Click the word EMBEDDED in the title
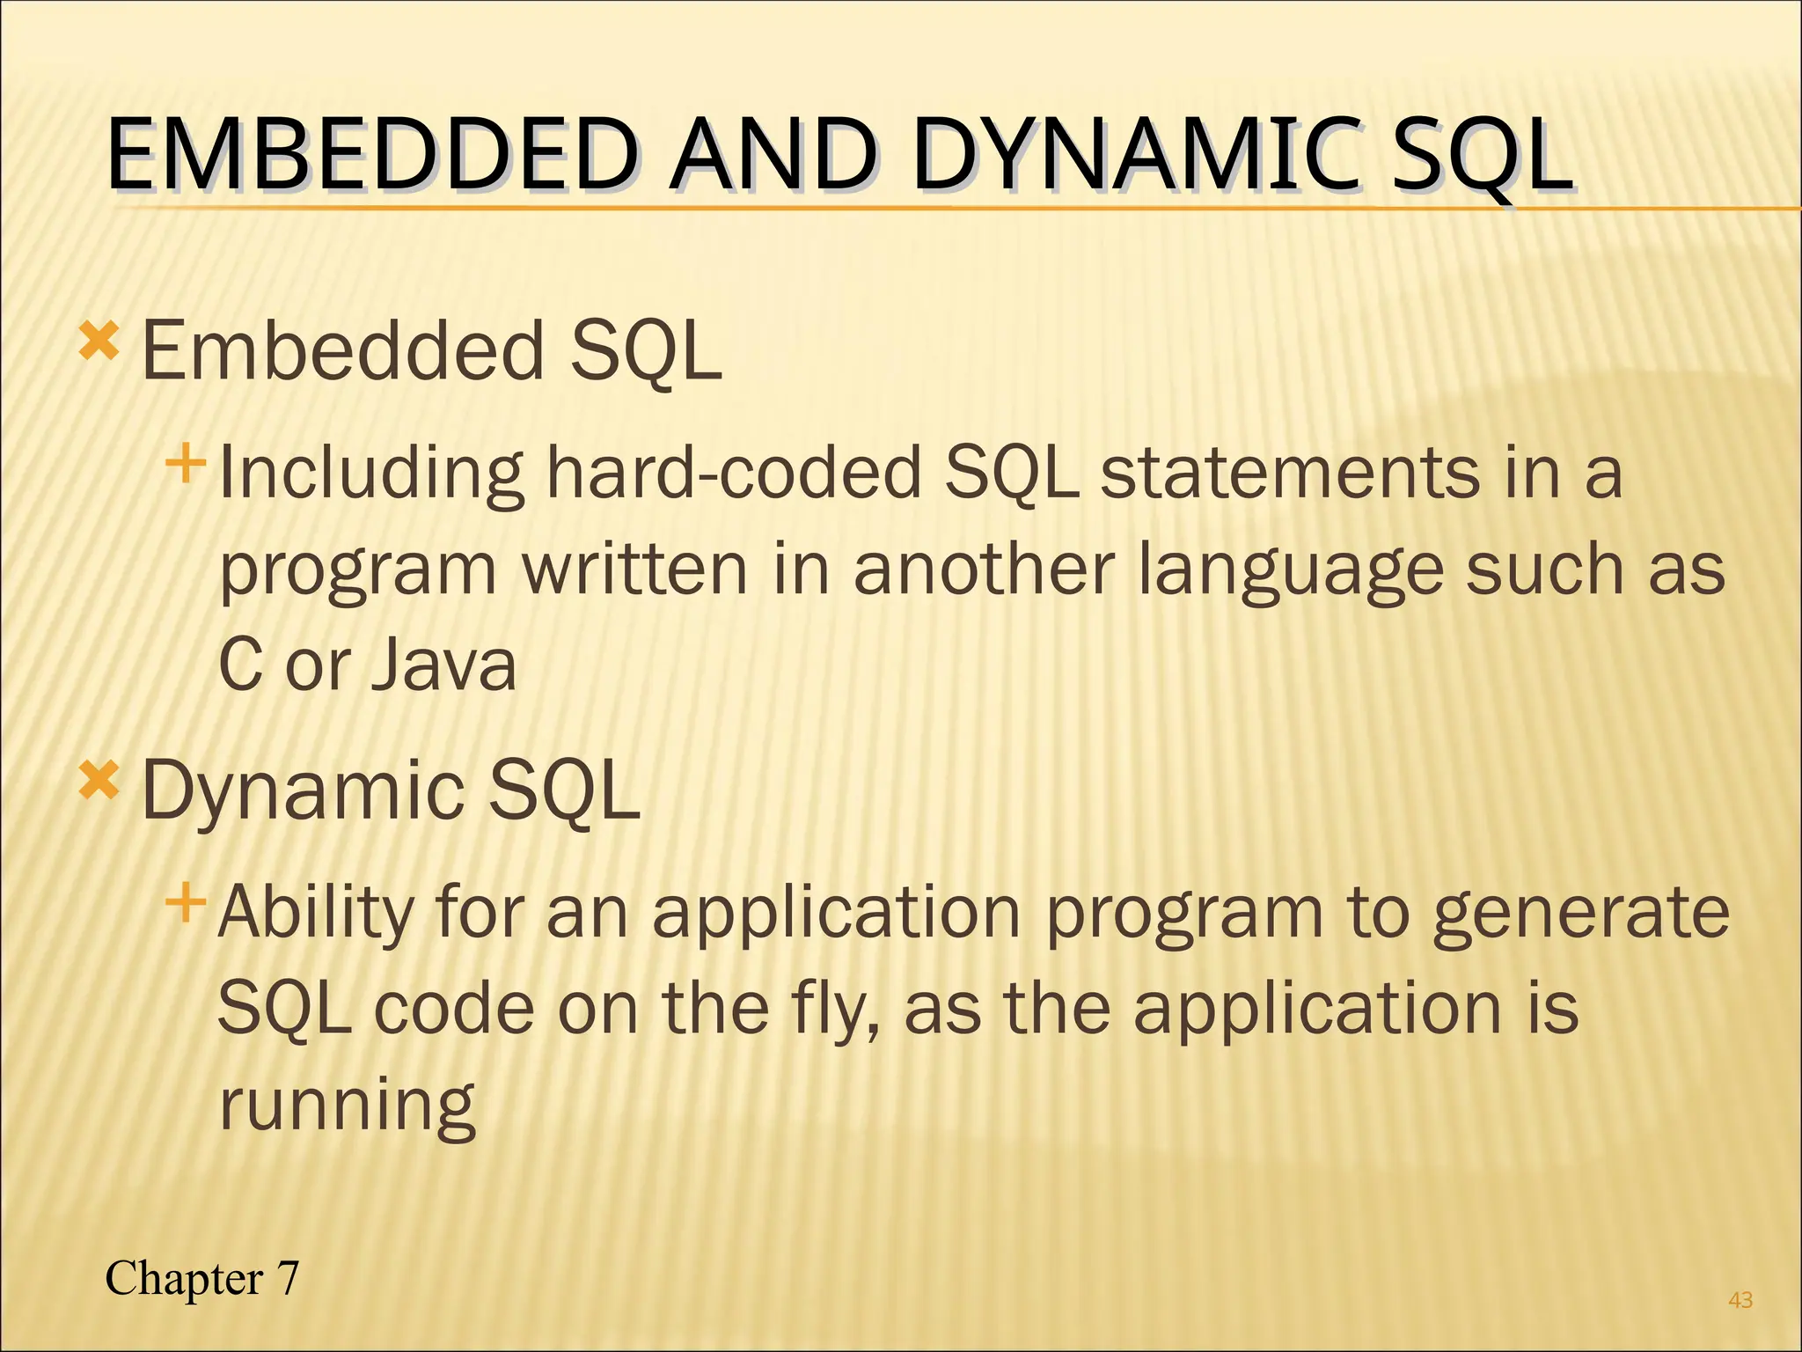point(370,156)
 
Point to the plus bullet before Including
point(185,463)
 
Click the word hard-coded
point(733,473)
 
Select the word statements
point(1290,473)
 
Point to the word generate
point(1580,913)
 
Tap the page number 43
point(1740,1299)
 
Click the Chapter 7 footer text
point(201,1277)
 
